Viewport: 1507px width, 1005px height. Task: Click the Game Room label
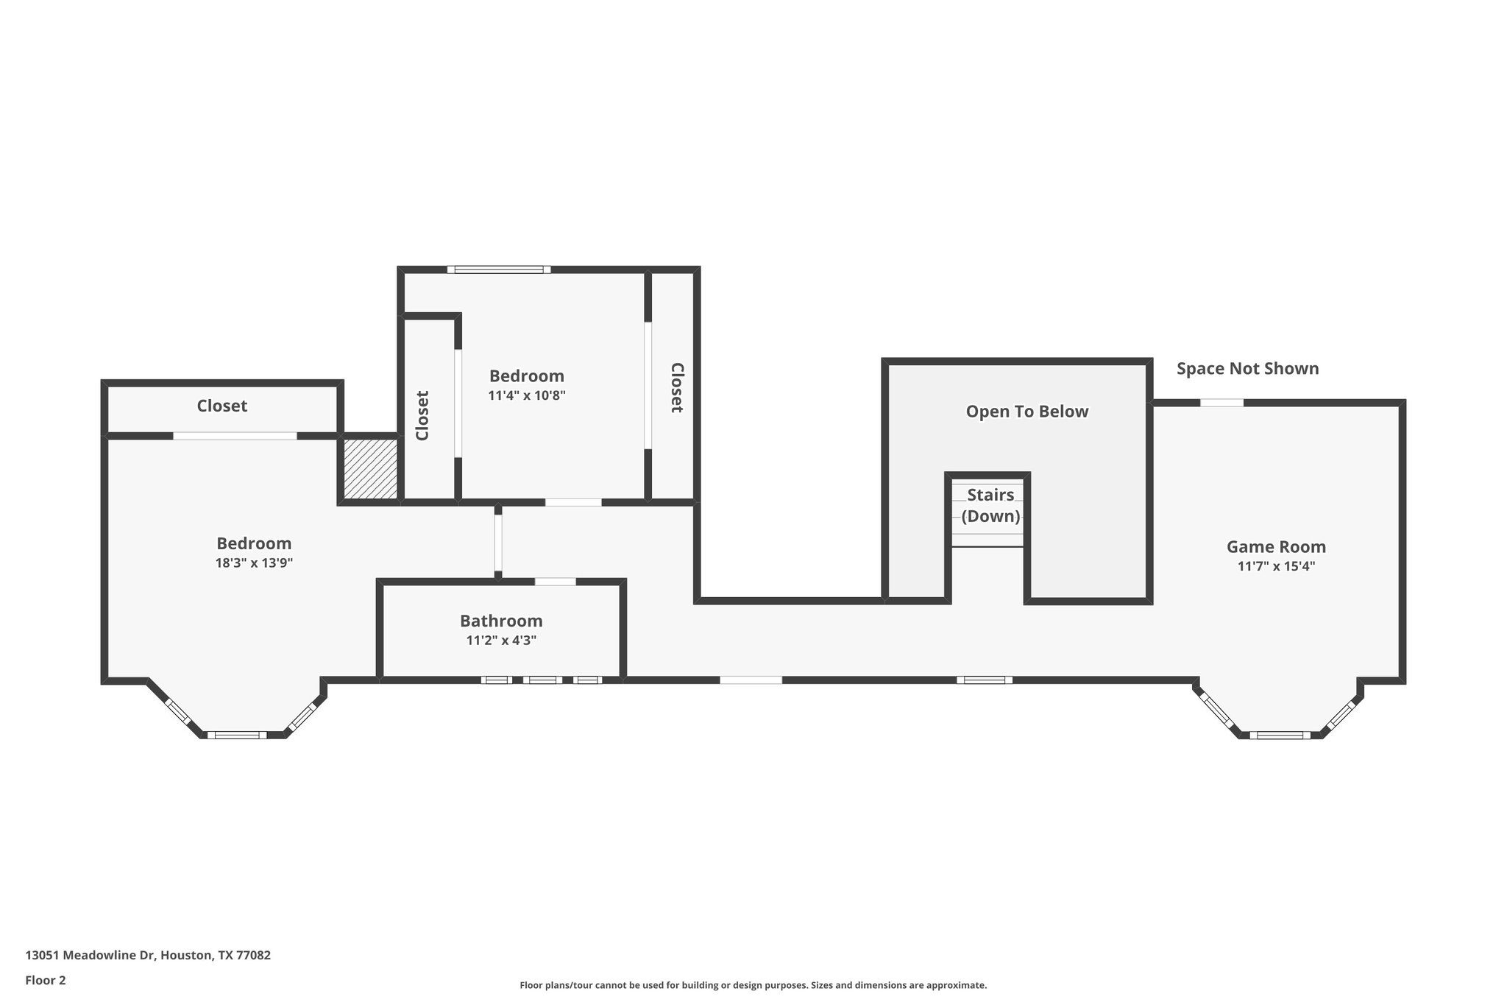[1276, 547]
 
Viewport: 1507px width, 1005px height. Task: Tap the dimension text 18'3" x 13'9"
[254, 563]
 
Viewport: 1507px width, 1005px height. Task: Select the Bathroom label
[501, 621]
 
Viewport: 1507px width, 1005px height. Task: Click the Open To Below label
[1026, 412]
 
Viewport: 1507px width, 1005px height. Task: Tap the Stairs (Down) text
[990, 505]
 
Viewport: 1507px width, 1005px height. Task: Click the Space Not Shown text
[1247, 369]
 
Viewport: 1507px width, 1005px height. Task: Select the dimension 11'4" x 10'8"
[526, 395]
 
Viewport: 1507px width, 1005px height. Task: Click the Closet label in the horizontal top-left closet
[221, 406]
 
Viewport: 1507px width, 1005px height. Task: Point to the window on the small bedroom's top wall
[499, 269]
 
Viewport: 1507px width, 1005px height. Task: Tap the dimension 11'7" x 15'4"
[1276, 566]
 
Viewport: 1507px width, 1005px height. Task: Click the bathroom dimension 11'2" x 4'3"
[501, 641]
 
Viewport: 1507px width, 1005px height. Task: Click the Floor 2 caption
[46, 980]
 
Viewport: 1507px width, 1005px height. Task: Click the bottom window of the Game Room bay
[1280, 735]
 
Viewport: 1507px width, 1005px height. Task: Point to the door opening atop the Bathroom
[555, 582]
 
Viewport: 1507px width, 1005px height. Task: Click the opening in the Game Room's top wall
[1221, 403]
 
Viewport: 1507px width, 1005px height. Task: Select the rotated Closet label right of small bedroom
[676, 387]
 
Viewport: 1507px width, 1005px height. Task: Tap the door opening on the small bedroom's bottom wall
[572, 502]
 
